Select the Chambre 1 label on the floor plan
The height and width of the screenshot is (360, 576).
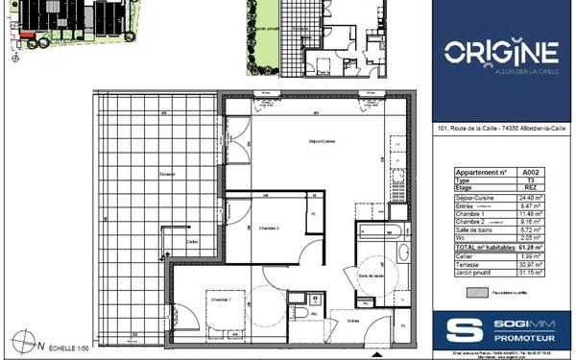pos(222,299)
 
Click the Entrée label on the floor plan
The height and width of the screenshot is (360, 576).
pos(353,321)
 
